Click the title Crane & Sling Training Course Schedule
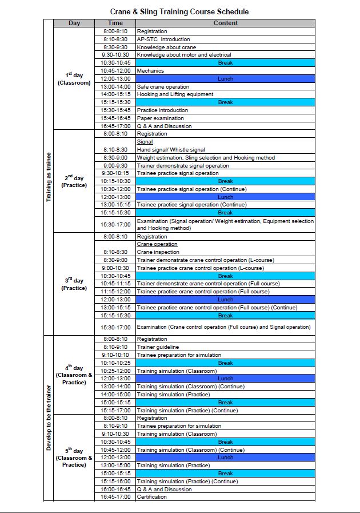(x=179, y=11)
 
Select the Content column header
(x=225, y=23)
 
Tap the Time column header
(x=115, y=23)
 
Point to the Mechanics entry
(x=150, y=71)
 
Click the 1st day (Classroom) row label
(x=74, y=78)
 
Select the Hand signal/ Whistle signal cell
(x=171, y=150)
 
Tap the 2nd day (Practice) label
(x=74, y=181)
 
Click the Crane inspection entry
(x=158, y=252)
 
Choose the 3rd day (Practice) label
(x=74, y=284)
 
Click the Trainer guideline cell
(x=158, y=347)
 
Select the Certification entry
(x=152, y=497)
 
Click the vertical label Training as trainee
(x=49, y=177)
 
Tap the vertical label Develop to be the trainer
(x=49, y=417)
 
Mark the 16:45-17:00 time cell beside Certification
(x=115, y=497)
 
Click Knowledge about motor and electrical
(x=183, y=55)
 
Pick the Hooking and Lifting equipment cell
(x=175, y=94)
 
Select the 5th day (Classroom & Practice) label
(x=74, y=458)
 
